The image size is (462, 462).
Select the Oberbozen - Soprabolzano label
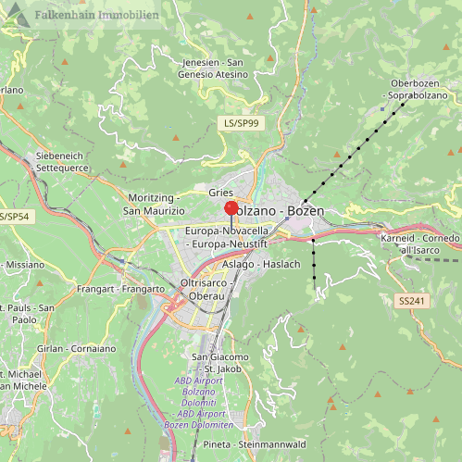[416, 89]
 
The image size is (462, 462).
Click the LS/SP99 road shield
[241, 122]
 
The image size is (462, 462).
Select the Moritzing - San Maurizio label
[155, 204]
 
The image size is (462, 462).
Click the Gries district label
[220, 192]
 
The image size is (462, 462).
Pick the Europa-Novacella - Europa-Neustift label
[226, 236]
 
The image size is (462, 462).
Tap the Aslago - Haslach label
[262, 264]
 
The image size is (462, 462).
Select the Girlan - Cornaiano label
[66, 347]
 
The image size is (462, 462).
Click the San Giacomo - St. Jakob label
[220, 363]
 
